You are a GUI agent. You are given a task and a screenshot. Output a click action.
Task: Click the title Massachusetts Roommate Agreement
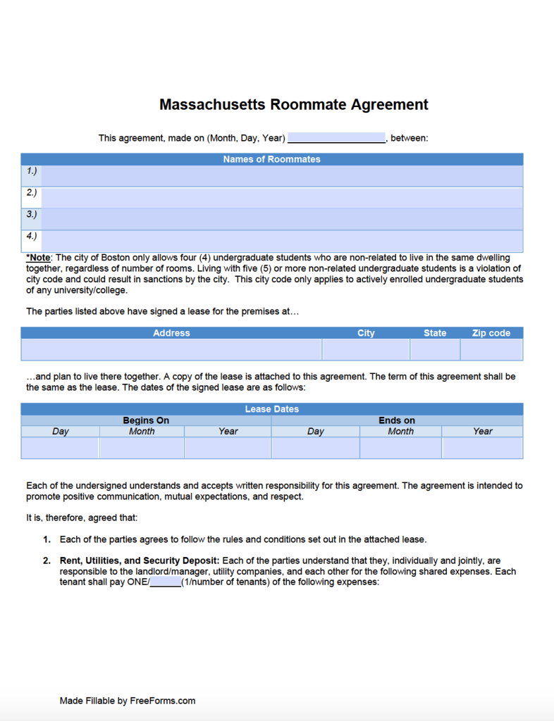pyautogui.click(x=293, y=105)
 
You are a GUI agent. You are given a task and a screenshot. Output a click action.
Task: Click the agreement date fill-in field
pyautogui.click(x=336, y=138)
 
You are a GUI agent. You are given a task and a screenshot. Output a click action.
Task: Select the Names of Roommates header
pyautogui.click(x=271, y=159)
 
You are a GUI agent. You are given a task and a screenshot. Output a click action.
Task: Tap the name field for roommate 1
pyautogui.click(x=282, y=175)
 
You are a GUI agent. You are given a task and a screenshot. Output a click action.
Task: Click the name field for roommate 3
pyautogui.click(x=282, y=219)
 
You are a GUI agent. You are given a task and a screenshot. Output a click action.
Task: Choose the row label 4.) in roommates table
pyautogui.click(x=32, y=237)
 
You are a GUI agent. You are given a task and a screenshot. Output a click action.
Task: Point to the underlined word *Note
pyautogui.click(x=39, y=258)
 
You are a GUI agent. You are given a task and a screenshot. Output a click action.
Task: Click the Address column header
pyautogui.click(x=171, y=333)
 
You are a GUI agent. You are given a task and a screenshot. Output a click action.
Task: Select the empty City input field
pyautogui.click(x=365, y=350)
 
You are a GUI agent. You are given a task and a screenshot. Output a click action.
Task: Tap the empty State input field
pyautogui.click(x=434, y=350)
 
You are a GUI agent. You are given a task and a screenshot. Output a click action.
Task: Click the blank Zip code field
pyautogui.click(x=491, y=350)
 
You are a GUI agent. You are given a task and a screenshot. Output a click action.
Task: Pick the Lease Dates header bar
pyautogui.click(x=271, y=409)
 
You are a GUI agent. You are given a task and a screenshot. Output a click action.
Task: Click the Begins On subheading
pyautogui.click(x=146, y=420)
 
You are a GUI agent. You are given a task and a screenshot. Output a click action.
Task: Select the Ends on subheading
pyautogui.click(x=397, y=420)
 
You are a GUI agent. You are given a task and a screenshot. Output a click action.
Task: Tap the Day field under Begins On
pyautogui.click(x=60, y=448)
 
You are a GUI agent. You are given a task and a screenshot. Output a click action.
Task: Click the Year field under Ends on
pyautogui.click(x=482, y=448)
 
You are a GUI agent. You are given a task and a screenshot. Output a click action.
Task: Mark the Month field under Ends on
pyautogui.click(x=400, y=448)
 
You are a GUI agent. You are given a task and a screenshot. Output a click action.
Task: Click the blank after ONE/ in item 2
pyautogui.click(x=166, y=583)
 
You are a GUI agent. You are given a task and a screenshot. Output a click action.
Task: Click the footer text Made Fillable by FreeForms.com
pyautogui.click(x=128, y=701)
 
